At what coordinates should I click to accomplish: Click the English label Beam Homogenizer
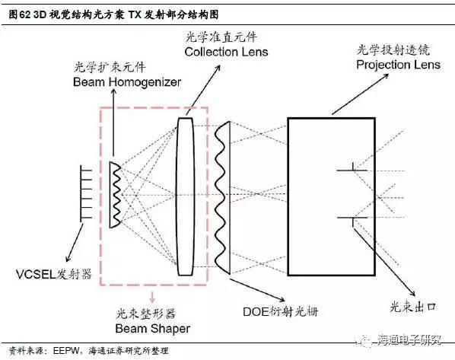(127, 82)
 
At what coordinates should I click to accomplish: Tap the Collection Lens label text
(226, 52)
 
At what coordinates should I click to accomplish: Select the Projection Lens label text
(399, 65)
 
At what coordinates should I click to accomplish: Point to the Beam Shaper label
(153, 329)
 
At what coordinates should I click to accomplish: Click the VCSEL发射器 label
(54, 274)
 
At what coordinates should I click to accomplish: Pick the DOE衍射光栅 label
(281, 311)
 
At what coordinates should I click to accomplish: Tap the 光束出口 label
(413, 307)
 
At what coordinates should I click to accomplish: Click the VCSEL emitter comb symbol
(86, 194)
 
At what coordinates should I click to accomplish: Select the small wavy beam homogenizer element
(115, 195)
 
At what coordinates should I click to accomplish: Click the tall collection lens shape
(185, 196)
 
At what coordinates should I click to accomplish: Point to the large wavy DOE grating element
(222, 198)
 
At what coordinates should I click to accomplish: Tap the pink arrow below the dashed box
(152, 295)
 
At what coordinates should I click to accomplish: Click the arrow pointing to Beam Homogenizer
(113, 123)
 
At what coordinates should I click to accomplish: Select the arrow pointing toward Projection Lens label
(361, 94)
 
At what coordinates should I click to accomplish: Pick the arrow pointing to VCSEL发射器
(75, 243)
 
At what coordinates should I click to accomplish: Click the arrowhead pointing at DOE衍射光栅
(282, 299)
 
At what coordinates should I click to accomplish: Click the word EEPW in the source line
(65, 351)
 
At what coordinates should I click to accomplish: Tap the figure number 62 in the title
(25, 14)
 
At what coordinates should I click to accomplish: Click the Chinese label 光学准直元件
(221, 37)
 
